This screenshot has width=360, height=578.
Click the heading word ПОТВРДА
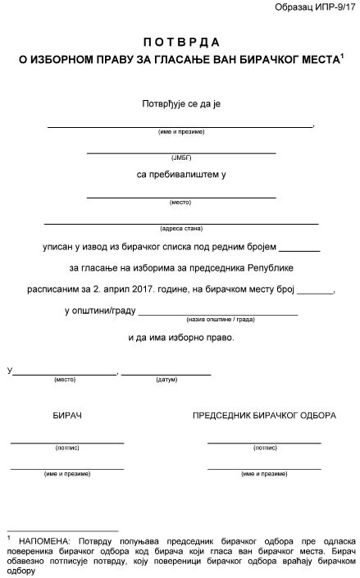(x=180, y=41)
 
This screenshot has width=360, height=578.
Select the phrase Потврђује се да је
(x=180, y=104)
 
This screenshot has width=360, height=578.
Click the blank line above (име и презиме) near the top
(x=180, y=126)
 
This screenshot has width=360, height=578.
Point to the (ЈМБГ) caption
(x=180, y=157)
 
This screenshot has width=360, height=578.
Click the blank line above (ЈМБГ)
(x=180, y=152)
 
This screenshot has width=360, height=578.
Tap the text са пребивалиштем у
(x=180, y=175)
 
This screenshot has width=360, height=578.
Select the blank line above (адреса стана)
(x=180, y=223)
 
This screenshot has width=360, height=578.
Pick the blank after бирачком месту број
(x=317, y=292)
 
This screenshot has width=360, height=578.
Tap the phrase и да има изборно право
(x=180, y=337)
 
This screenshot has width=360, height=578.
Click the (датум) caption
(x=166, y=380)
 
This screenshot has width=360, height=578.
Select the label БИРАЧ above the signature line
(x=67, y=416)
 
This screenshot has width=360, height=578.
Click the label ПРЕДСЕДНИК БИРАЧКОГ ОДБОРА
(x=264, y=416)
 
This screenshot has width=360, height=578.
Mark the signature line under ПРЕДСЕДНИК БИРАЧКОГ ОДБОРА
(x=264, y=443)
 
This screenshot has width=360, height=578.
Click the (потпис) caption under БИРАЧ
(x=67, y=448)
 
